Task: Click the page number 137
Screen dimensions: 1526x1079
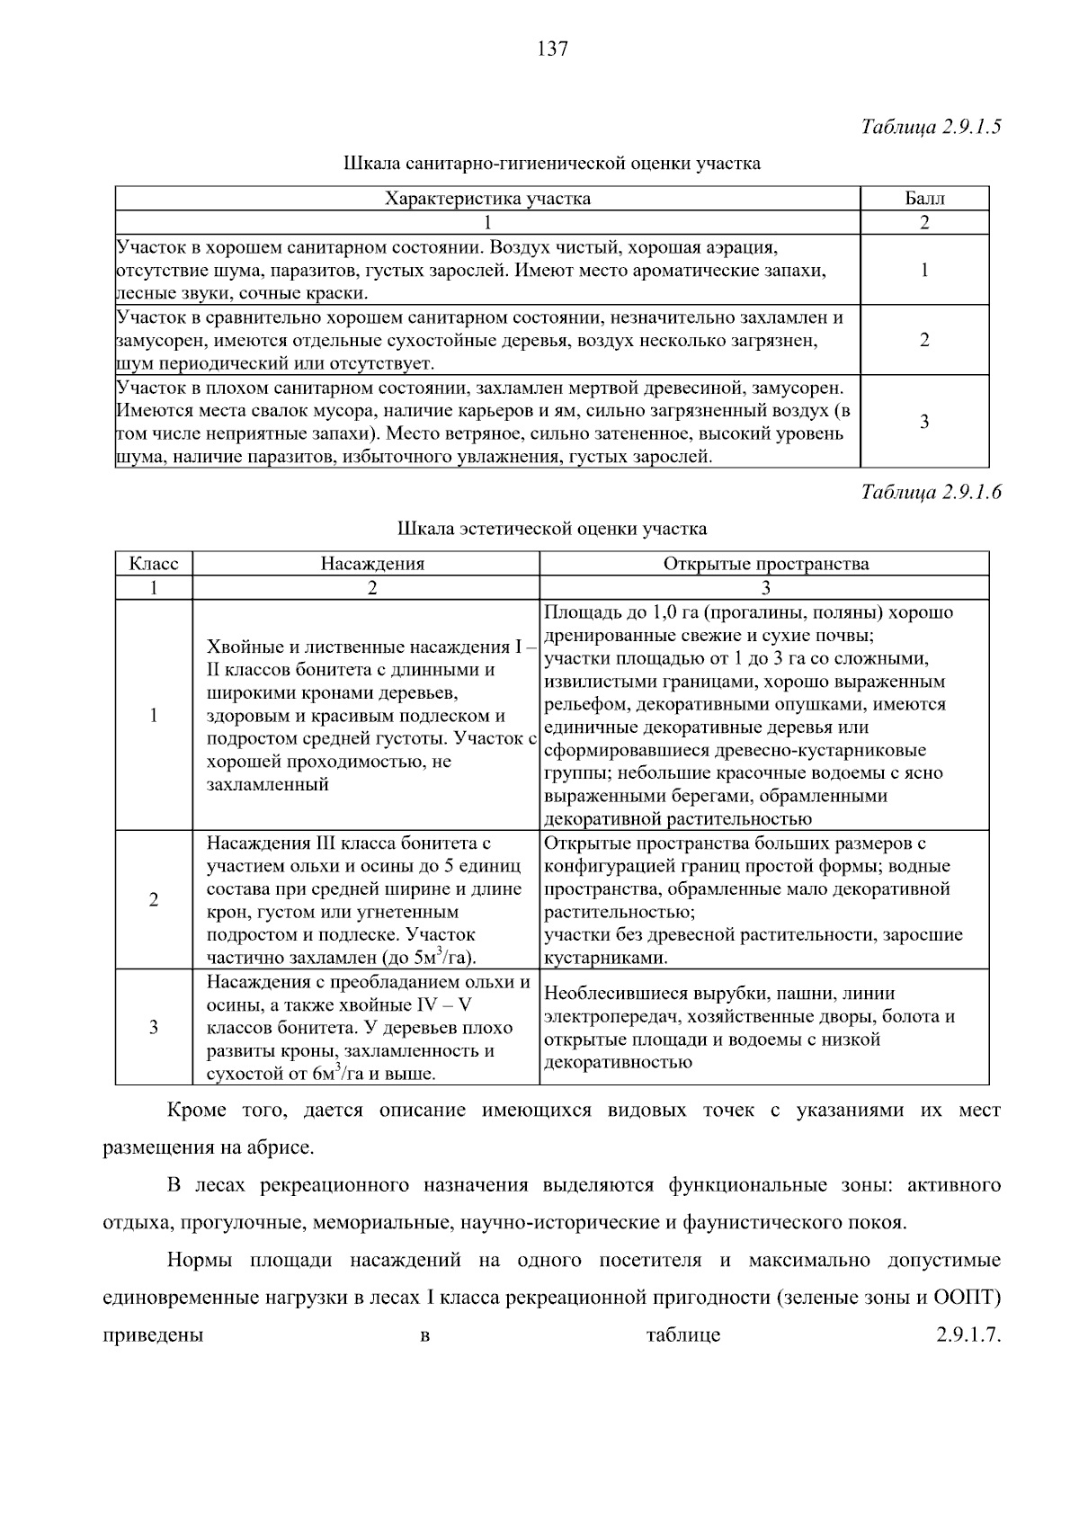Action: coord(552,49)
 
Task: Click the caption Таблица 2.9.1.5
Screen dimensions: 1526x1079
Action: coord(931,127)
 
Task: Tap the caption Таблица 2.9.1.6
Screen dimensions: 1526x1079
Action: coord(931,492)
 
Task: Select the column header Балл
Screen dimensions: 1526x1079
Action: coord(924,199)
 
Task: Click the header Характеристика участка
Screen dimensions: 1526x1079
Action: coord(487,199)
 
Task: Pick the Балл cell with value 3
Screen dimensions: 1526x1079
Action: coord(924,422)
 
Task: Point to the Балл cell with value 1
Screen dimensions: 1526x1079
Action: coord(924,270)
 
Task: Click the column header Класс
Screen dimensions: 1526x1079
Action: coord(154,564)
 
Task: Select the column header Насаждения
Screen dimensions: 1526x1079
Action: coord(372,564)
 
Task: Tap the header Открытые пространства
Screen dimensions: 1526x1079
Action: coord(765,564)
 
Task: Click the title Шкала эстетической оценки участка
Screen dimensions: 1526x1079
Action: coord(551,529)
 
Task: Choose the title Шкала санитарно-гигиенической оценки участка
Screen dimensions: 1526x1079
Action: coord(551,164)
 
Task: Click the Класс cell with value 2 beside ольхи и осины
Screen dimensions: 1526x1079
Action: coord(154,900)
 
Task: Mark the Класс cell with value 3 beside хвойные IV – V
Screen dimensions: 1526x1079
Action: coord(154,1027)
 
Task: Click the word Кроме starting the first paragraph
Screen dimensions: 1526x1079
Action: coord(197,1111)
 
